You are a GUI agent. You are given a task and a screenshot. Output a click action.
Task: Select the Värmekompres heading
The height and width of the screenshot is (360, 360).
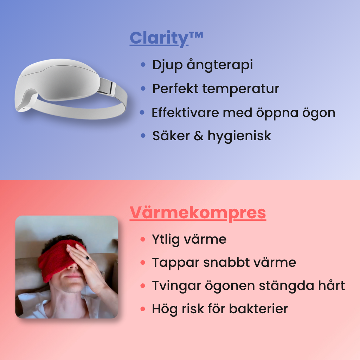click(198, 213)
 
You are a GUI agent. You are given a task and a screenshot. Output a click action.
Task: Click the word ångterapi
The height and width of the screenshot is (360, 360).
click(220, 65)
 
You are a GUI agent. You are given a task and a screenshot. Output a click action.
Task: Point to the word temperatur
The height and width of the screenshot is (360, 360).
click(240, 89)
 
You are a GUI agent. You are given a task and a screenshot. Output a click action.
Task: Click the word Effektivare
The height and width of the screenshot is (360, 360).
click(185, 112)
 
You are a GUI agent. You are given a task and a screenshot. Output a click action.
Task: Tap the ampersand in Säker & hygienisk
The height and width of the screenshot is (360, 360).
click(199, 136)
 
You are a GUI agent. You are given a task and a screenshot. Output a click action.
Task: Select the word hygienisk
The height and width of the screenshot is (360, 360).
click(239, 136)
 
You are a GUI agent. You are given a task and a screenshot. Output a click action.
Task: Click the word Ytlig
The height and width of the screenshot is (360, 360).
click(166, 240)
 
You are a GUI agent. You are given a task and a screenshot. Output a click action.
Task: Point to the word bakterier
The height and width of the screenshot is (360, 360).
click(258, 309)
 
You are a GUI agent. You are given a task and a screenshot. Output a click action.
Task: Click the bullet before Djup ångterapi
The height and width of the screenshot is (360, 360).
click(143, 65)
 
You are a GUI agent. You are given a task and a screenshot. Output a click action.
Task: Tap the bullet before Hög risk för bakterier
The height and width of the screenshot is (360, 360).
click(143, 309)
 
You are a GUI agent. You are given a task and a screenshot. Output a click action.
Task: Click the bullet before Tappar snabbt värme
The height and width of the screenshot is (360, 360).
click(143, 262)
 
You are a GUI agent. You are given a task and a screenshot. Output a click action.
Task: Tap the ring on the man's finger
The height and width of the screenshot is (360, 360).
click(88, 258)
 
